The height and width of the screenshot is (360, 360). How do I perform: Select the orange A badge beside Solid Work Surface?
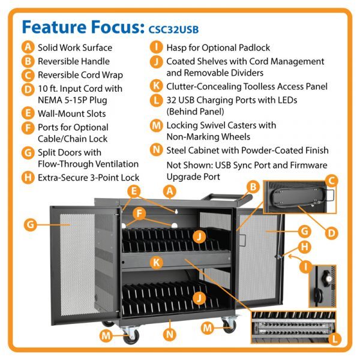pos(27,47)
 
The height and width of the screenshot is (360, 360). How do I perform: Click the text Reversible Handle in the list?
pos(73,61)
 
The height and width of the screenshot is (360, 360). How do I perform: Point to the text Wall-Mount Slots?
pos(72,113)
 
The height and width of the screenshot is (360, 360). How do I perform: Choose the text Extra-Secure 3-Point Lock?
pos(88,177)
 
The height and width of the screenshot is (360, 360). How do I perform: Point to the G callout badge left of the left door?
pos(29,226)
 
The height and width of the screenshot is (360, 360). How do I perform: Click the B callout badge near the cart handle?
pos(253,187)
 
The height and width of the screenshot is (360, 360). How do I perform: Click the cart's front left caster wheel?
pos(130,338)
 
